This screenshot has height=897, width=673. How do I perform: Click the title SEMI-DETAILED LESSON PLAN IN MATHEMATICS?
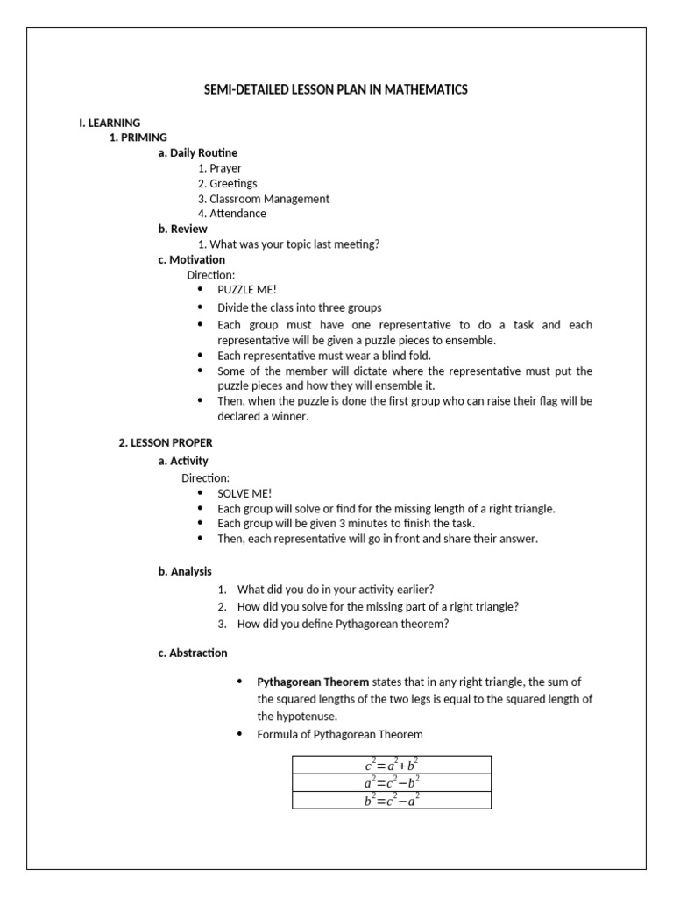pyautogui.click(x=336, y=89)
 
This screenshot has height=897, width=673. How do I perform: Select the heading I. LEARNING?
pyautogui.click(x=110, y=123)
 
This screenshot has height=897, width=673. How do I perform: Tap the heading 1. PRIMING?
pyautogui.click(x=138, y=138)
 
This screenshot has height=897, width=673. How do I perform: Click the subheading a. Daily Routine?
pyautogui.click(x=197, y=152)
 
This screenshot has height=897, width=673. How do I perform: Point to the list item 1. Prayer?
pyautogui.click(x=219, y=168)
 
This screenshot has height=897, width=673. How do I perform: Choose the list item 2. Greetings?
pyautogui.click(x=227, y=183)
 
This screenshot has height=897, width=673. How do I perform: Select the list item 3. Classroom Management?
pyautogui.click(x=263, y=199)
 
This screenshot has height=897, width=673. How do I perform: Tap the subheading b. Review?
pyautogui.click(x=182, y=229)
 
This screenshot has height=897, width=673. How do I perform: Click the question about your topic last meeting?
pyautogui.click(x=288, y=244)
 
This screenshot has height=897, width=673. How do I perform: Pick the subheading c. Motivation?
pyautogui.click(x=191, y=259)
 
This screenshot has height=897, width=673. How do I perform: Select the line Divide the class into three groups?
pyautogui.click(x=299, y=307)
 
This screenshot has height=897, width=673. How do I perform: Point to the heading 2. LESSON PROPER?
pyautogui.click(x=166, y=442)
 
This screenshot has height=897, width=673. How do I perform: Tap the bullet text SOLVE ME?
pyautogui.click(x=244, y=493)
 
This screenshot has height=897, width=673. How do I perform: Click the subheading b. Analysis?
pyautogui.click(x=185, y=571)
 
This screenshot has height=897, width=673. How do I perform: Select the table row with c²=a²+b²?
pyautogui.click(x=392, y=765)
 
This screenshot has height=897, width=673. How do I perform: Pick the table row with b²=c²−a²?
pyautogui.click(x=392, y=800)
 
